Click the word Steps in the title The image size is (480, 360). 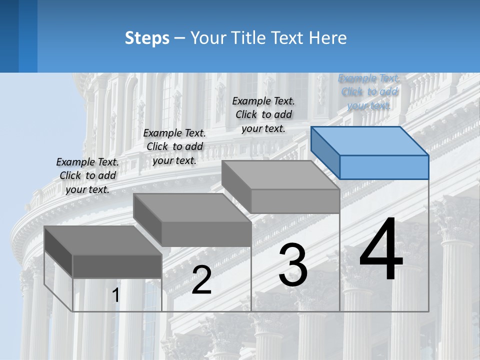pos(147,38)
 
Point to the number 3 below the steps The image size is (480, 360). pos(293,265)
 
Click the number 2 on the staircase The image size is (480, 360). pos(201,280)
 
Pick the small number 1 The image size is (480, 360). pos(115,295)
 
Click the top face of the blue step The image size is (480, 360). pos(370,140)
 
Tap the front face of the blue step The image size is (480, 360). pos(384,167)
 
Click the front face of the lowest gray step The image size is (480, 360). pos(117,266)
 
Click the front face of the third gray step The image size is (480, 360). pos(295,201)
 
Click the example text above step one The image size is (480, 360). pos(87,175)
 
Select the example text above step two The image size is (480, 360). pos(174,146)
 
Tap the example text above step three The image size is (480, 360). pos(263,114)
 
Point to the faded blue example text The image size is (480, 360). pos(369,91)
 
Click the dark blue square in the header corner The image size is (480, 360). pos(9,36)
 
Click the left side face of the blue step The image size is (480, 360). pos(325,152)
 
